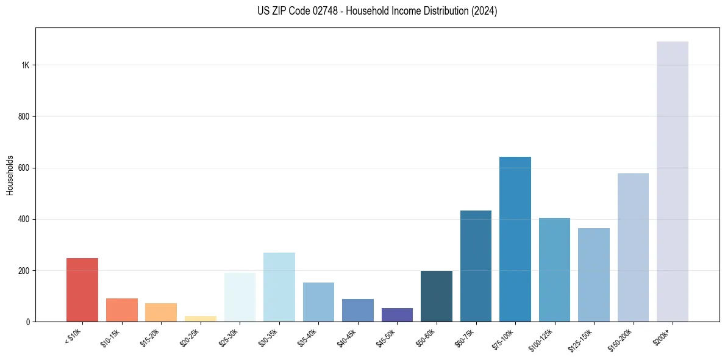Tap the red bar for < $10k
82,290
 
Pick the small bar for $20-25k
201,319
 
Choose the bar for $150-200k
633,247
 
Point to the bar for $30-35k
279,287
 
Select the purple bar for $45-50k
397,315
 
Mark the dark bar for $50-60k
437,296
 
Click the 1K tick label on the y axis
25,65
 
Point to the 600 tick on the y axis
23,168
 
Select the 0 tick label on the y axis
27,322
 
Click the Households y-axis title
10,175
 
